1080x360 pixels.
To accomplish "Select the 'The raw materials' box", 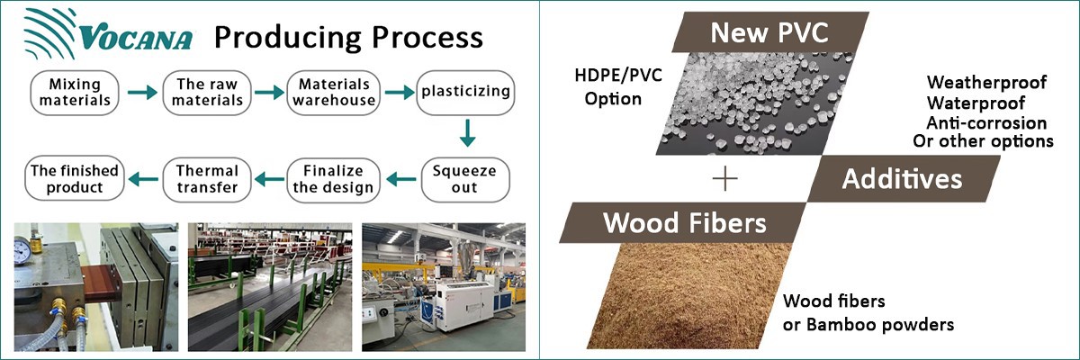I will (209, 92).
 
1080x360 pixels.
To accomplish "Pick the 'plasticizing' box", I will (465, 92).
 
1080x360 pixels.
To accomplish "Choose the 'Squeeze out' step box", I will (465, 178).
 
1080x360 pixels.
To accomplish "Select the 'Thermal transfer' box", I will (207, 178).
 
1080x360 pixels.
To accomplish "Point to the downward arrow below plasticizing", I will (466, 134).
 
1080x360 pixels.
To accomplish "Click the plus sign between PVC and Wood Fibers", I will (724, 179).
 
